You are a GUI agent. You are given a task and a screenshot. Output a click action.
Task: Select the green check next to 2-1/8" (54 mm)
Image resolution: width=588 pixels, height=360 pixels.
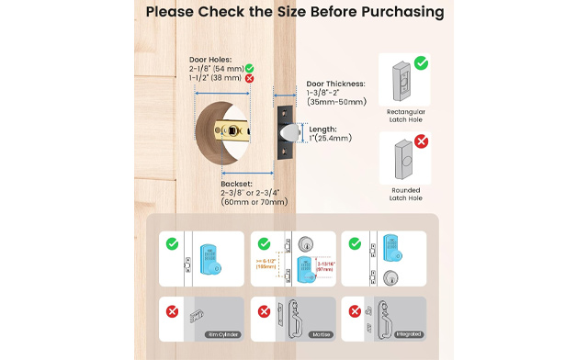click(250, 68)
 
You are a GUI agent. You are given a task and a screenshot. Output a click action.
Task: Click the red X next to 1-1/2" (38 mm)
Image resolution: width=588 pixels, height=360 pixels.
click(250, 79)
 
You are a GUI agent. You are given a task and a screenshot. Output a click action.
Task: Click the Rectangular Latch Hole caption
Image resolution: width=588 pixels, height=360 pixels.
click(407, 113)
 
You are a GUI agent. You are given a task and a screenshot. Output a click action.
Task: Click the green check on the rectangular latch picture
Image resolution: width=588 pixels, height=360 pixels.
click(421, 62)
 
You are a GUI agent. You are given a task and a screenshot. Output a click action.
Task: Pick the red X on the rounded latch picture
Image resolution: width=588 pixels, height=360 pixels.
click(421, 141)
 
